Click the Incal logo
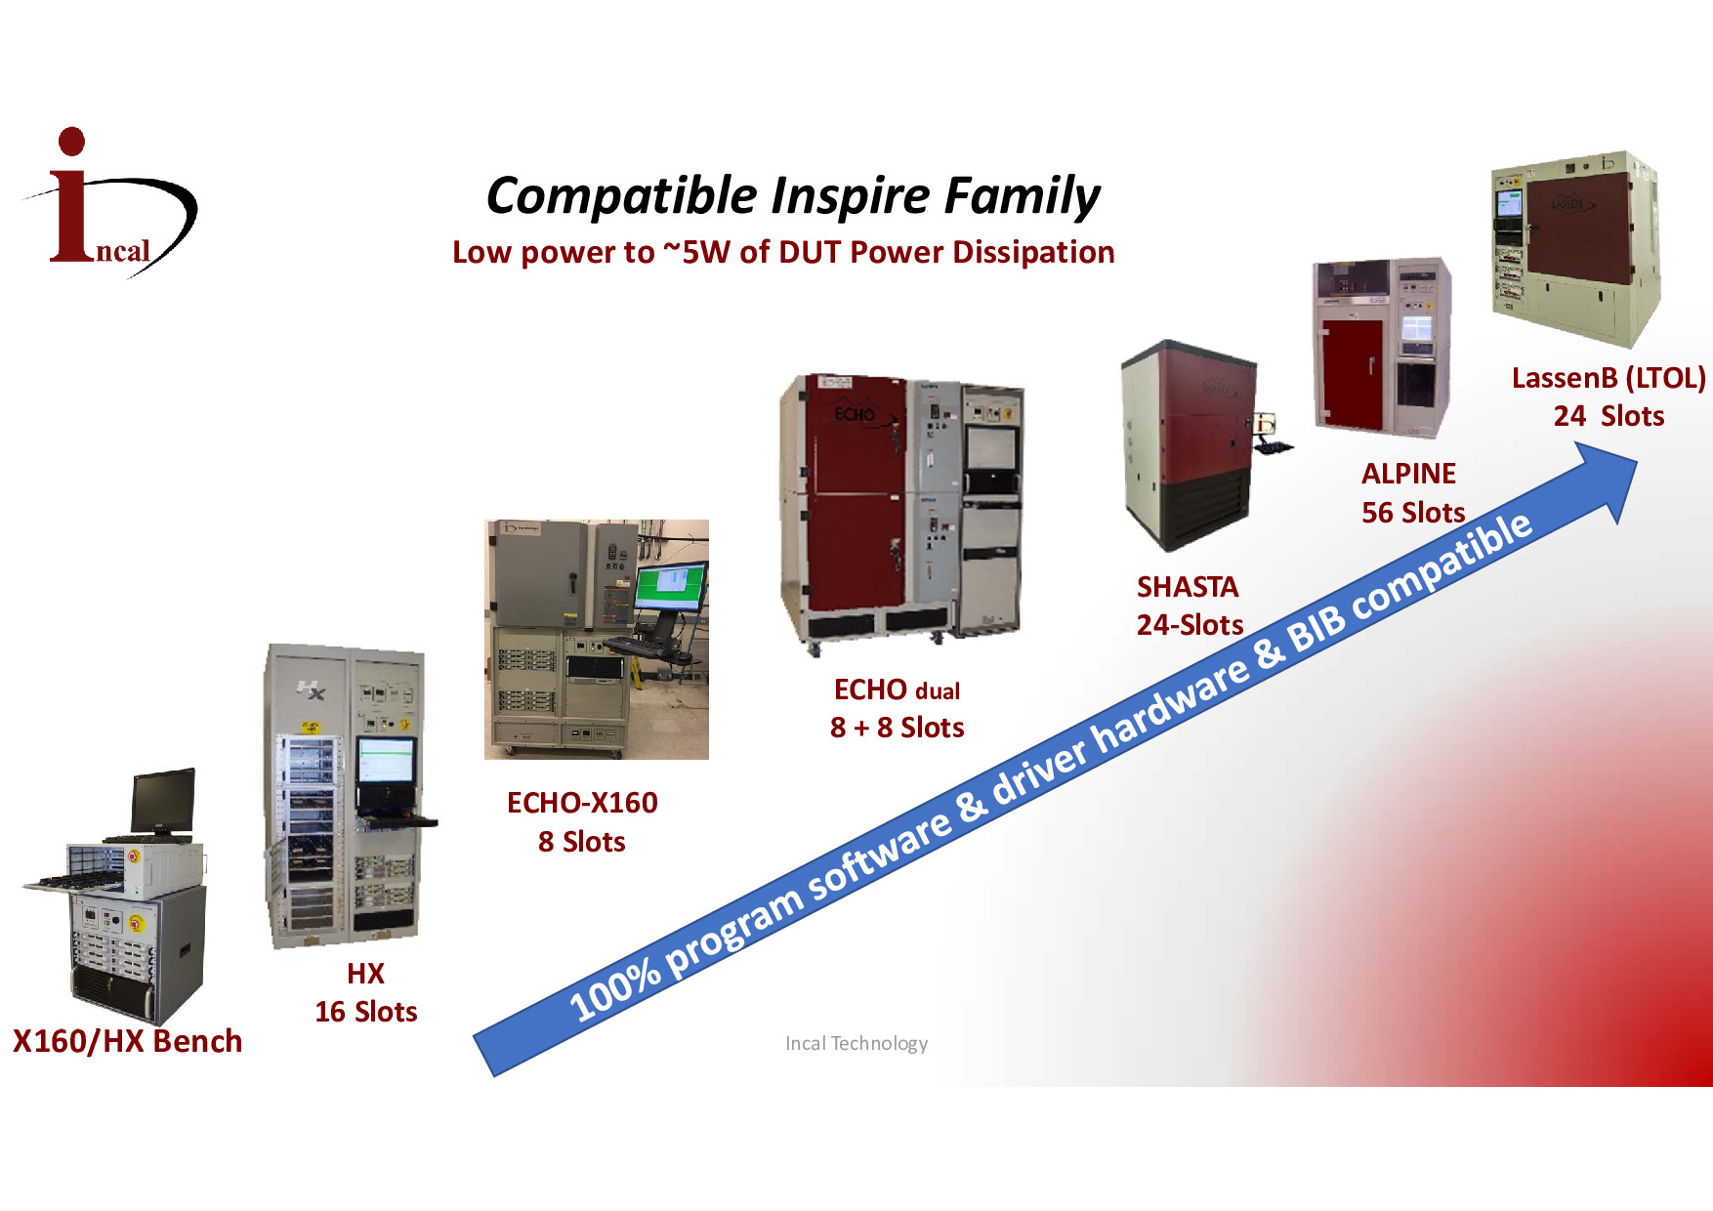[109, 202]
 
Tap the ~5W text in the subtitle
[696, 252]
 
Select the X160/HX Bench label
[127, 1041]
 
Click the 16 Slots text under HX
[366, 1012]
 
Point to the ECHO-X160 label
[582, 803]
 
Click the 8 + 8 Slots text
[898, 728]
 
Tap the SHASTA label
[1188, 587]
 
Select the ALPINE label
[1408, 474]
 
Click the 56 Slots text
[1413, 513]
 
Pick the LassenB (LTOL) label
[1609, 378]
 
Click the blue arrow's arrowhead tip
[1637, 458]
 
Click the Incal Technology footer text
[856, 1043]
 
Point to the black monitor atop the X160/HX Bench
[163, 801]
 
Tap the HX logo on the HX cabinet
[312, 690]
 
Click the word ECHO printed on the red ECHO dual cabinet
[855, 415]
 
